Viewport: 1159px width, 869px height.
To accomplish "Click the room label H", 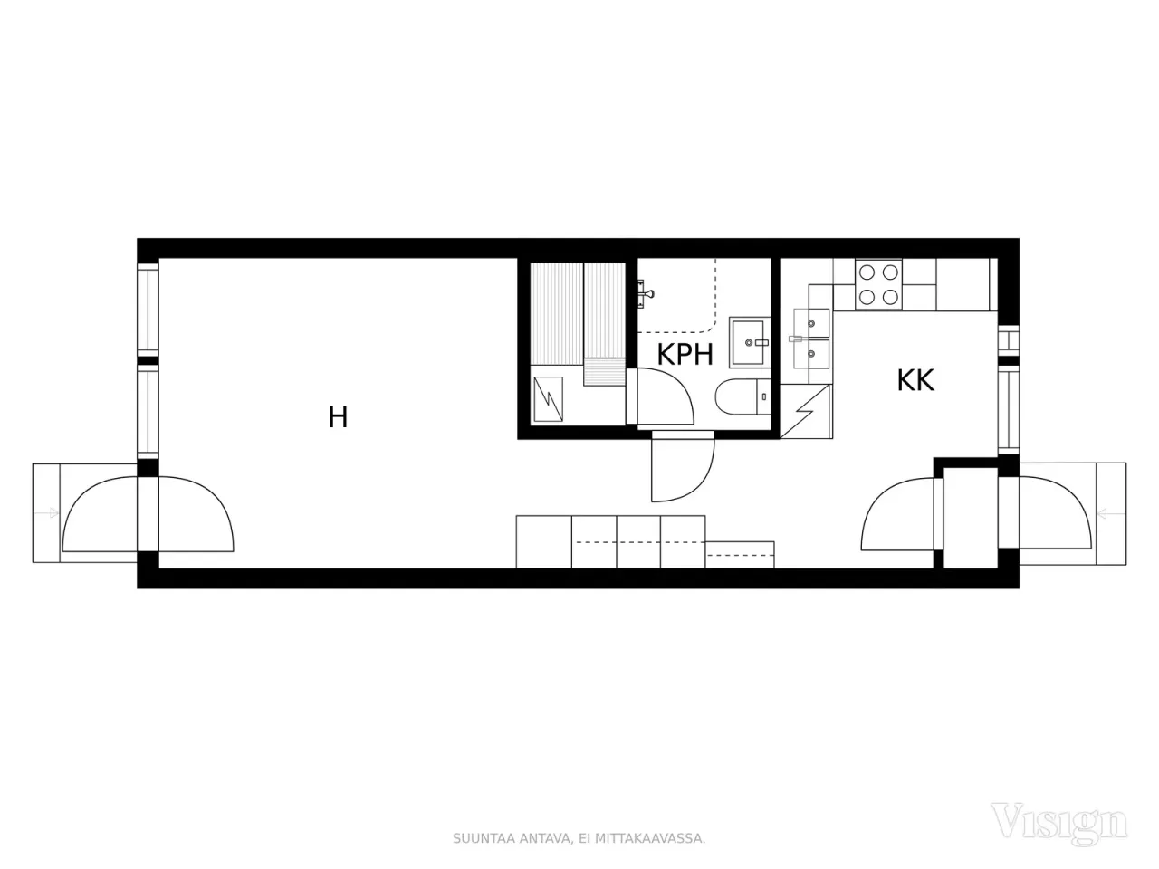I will [338, 417].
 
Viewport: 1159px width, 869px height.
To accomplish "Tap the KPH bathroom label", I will [685, 354].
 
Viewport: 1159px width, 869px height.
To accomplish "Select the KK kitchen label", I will [915, 380].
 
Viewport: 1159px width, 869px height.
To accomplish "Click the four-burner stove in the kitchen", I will [879, 283].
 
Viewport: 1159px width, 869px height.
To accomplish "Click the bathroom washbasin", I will [751, 342].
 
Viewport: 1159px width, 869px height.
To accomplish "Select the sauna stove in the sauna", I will [550, 399].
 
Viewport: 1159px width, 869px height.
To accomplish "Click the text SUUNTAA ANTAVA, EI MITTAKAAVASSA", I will [579, 838].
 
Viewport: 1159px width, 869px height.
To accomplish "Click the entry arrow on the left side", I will [46, 513].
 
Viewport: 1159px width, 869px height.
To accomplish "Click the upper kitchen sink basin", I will [811, 322].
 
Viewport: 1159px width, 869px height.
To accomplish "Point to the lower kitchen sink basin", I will [811, 354].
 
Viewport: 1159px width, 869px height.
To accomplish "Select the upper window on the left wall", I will [148, 308].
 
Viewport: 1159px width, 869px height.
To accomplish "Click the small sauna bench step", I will [604, 372].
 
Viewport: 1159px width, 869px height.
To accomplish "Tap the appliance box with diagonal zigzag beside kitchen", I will [805, 412].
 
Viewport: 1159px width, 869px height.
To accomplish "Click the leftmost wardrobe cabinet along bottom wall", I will [543, 541].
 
